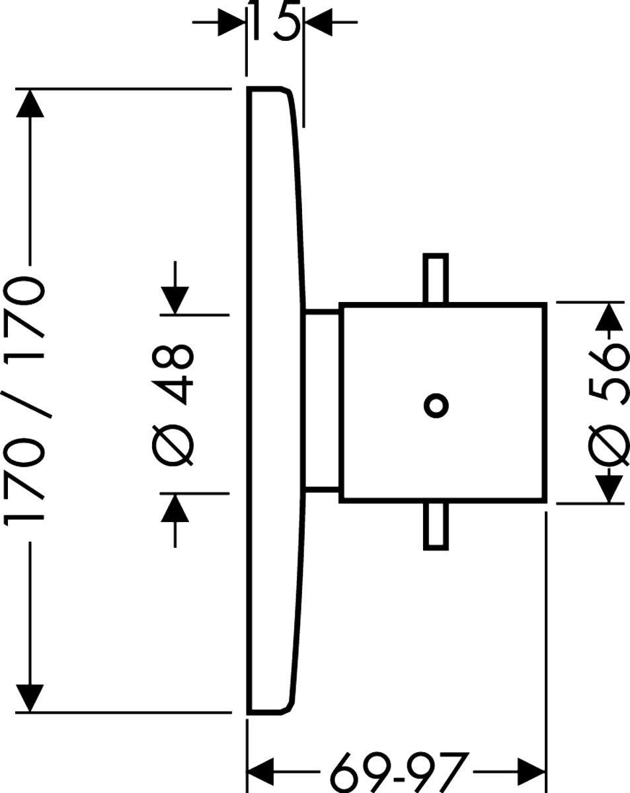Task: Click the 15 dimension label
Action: (x=274, y=21)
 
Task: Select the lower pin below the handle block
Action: (x=435, y=526)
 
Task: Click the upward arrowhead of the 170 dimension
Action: (x=29, y=104)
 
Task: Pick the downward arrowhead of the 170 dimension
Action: (x=29, y=697)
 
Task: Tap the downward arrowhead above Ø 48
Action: (x=175, y=299)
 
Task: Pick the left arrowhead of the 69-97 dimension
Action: (x=260, y=771)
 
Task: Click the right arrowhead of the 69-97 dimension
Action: (x=532, y=771)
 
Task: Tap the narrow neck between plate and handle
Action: (x=322, y=401)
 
